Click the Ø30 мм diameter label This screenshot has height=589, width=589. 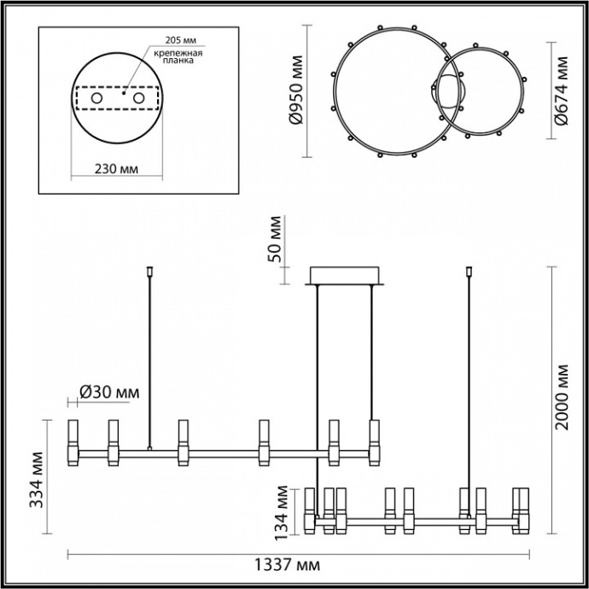[108, 392]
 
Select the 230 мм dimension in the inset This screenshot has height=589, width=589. [115, 167]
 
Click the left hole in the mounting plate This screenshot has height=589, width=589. [96, 100]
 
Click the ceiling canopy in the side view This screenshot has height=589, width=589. [347, 276]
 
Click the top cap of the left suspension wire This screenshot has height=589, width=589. [150, 273]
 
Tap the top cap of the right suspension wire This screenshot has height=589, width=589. [469, 273]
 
